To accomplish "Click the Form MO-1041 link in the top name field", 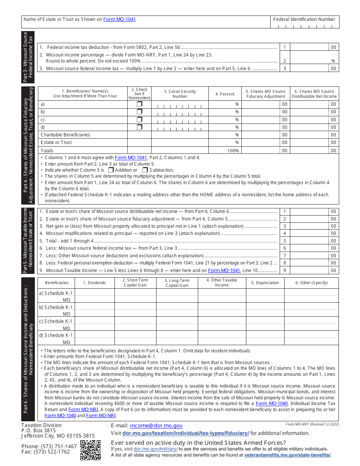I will pyautogui.click(x=119, y=19).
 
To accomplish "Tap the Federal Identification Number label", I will pyautogui.click(x=304, y=19).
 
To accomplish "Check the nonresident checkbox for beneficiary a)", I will pyautogui.click(x=139, y=104).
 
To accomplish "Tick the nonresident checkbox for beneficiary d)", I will pyautogui.click(x=139, y=127).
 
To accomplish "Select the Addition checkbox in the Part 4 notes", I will pyautogui.click(x=111, y=170).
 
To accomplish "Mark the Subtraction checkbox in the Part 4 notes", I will pyautogui.click(x=145, y=170).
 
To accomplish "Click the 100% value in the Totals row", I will pyautogui.click(x=233, y=151).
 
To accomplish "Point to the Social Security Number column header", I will pyautogui.click(x=180, y=94).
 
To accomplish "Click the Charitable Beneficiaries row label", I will pyautogui.click(x=65, y=135).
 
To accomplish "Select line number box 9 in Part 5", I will pyautogui.click(x=285, y=271).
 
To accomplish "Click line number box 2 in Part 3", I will pyautogui.click(x=285, y=61).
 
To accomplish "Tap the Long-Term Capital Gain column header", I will pyautogui.click(x=177, y=283).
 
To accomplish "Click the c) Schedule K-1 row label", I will pyautogui.click(x=56, y=321).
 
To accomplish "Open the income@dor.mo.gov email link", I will pyautogui.click(x=156, y=426).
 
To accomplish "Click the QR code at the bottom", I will pyautogui.click(x=91, y=450).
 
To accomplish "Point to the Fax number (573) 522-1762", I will pyautogui.click(x=46, y=452).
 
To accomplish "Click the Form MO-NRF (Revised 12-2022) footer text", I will pyautogui.click(x=312, y=424).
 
